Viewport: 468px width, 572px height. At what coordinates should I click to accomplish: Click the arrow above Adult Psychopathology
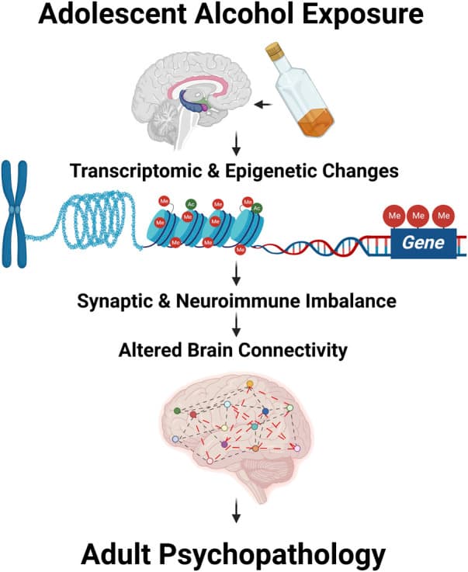click(x=233, y=511)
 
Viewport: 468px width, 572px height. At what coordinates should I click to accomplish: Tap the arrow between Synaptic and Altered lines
click(x=233, y=324)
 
